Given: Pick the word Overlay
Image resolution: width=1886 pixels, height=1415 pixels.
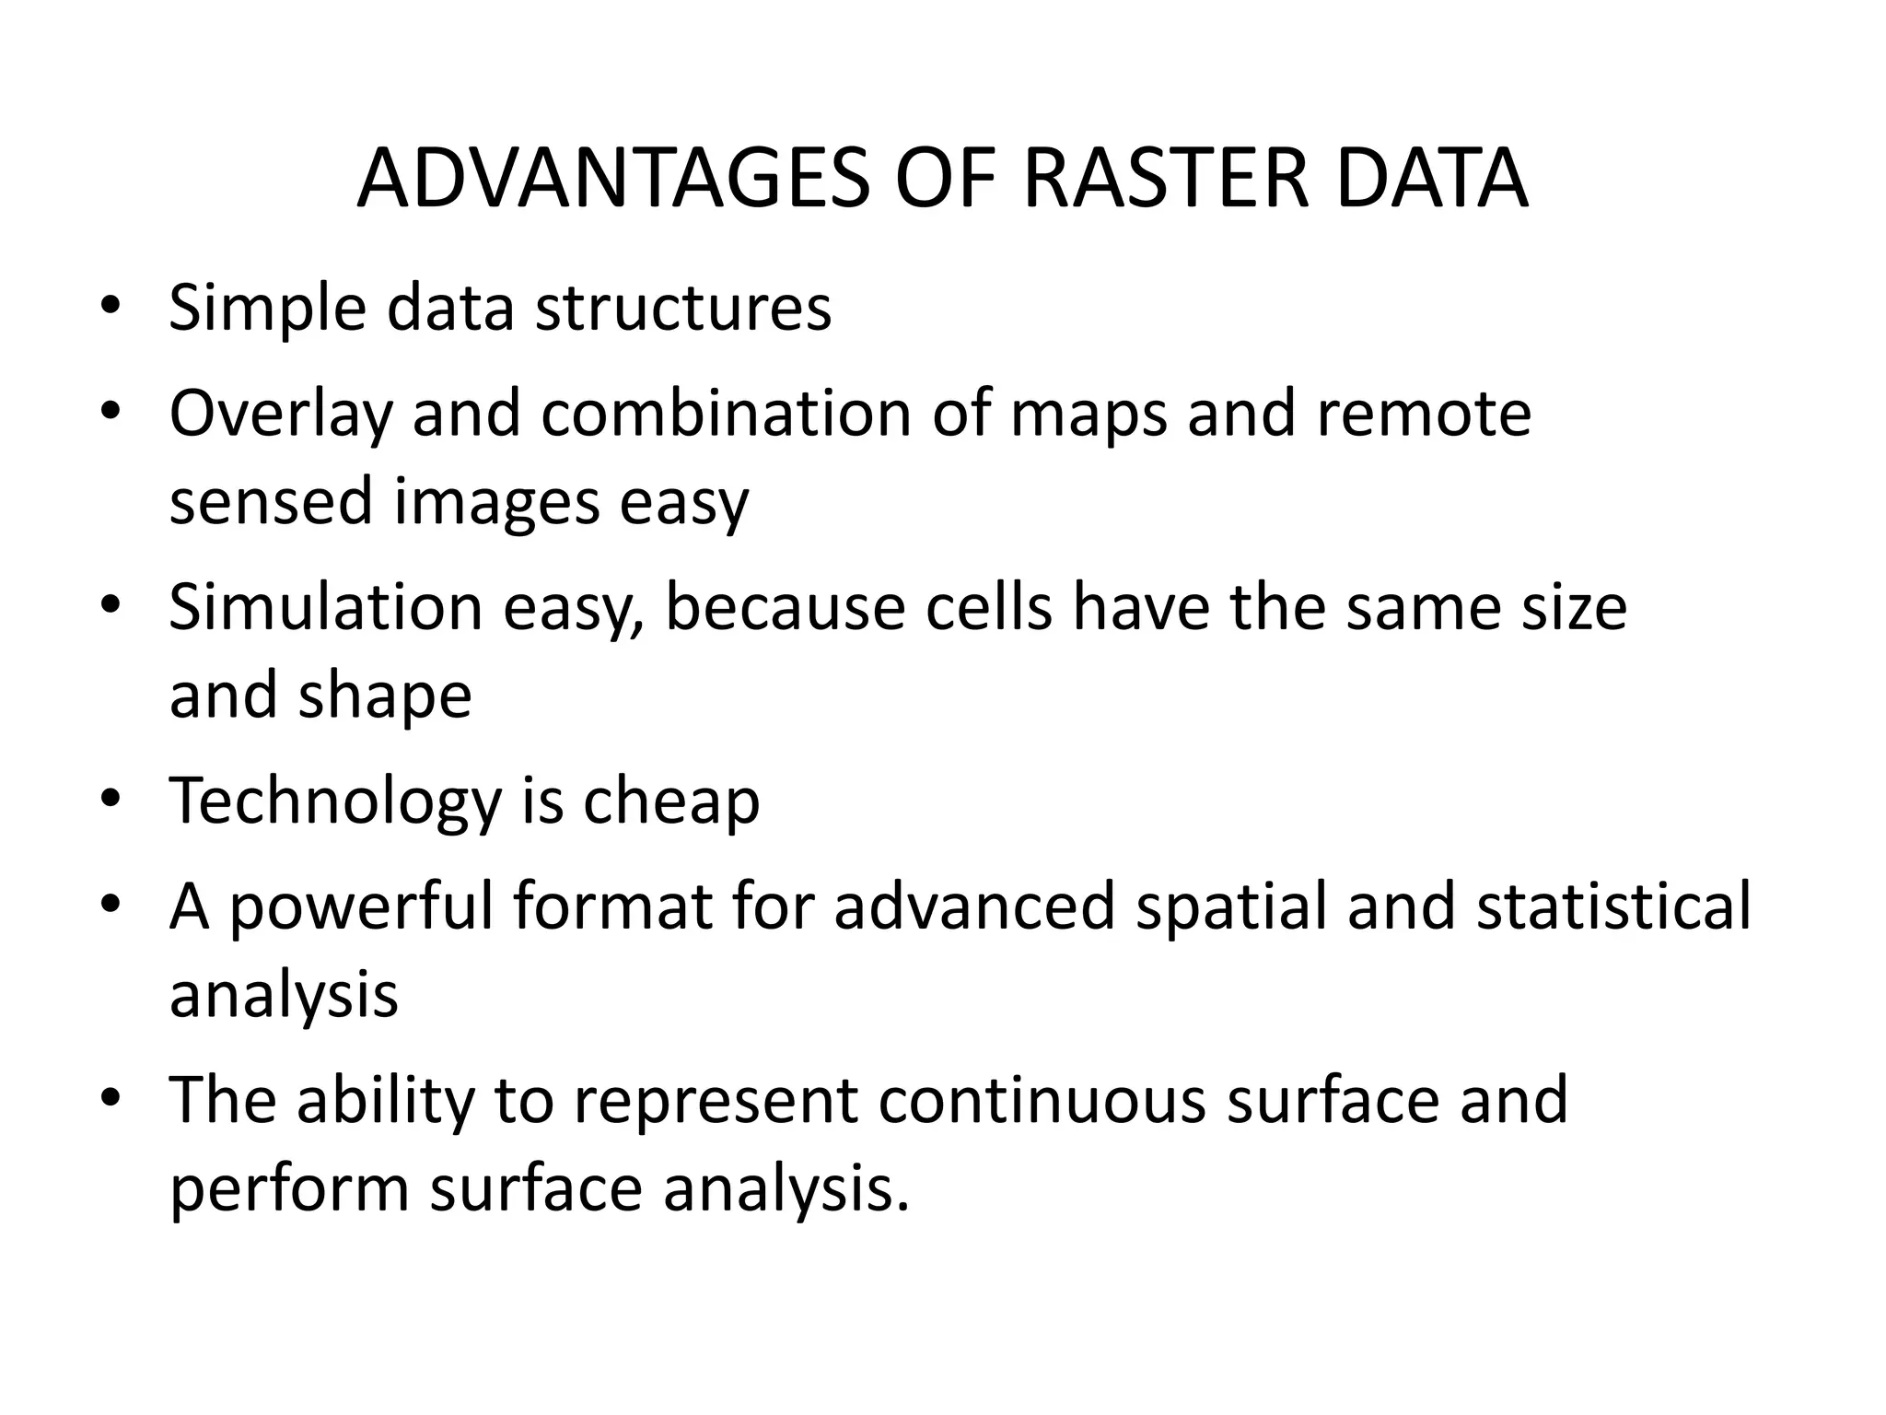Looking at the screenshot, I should [281, 415].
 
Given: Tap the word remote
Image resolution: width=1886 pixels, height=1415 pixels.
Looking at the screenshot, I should [1424, 415].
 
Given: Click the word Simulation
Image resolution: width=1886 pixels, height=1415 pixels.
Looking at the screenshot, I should [326, 608].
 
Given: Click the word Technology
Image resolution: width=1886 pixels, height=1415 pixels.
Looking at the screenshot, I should [335, 801].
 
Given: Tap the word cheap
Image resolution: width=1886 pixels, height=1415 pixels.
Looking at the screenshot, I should [671, 801].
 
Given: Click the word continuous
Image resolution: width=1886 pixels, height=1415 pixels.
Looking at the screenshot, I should [1042, 1101].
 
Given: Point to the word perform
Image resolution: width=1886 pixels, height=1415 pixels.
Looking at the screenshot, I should [289, 1190].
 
